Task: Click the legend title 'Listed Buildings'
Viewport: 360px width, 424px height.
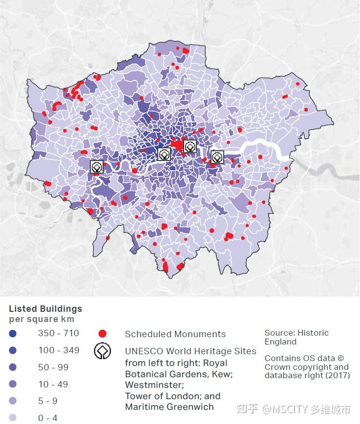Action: click(45, 309)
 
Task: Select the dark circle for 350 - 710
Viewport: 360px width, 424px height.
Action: click(13, 334)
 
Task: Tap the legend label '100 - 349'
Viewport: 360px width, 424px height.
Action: click(59, 350)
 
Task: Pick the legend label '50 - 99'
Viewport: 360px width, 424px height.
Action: click(53, 367)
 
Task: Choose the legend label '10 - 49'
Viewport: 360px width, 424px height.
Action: click(53, 384)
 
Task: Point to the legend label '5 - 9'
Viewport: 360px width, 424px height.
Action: click(48, 401)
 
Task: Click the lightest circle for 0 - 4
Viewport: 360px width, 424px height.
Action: click(13, 418)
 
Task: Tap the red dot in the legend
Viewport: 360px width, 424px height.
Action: click(102, 334)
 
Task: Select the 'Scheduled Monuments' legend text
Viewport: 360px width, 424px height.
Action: click(175, 334)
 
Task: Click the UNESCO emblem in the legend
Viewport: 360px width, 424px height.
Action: click(103, 351)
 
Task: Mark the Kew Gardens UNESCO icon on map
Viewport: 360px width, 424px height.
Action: click(97, 166)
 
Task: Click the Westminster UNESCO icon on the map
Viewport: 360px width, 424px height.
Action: click(164, 154)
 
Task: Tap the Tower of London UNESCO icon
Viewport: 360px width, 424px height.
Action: click(190, 146)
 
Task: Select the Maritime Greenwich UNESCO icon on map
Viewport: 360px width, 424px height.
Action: click(217, 157)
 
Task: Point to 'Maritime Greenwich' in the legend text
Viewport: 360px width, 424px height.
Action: click(169, 407)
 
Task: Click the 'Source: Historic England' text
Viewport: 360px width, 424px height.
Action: click(296, 337)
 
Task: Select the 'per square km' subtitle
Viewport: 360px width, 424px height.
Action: click(42, 320)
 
